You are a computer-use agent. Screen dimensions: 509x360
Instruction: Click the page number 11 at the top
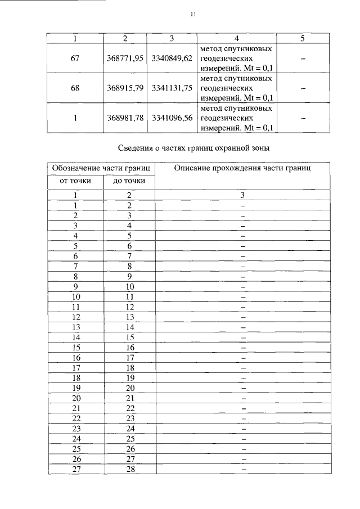(x=192, y=15)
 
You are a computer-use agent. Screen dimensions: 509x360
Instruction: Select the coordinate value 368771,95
(x=125, y=58)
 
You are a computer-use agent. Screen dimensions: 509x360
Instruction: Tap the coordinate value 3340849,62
(x=172, y=58)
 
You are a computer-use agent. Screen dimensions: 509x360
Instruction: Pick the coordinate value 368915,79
(x=125, y=88)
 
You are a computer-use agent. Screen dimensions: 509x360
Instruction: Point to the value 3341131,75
(x=172, y=88)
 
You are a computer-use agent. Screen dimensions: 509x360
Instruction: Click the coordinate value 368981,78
(x=125, y=119)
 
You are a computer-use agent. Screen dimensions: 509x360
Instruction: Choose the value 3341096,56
(x=172, y=119)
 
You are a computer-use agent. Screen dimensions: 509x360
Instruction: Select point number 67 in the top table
(x=75, y=58)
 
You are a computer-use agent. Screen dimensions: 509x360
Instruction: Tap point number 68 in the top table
(x=75, y=88)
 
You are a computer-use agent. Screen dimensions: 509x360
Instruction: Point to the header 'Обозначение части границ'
(x=101, y=168)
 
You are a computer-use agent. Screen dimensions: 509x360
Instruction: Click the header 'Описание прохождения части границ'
(x=242, y=168)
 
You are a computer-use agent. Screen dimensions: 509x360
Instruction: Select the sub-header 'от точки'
(x=75, y=181)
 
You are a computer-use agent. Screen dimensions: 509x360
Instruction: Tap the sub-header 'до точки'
(x=129, y=181)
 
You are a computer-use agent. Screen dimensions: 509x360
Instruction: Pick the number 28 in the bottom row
(x=129, y=470)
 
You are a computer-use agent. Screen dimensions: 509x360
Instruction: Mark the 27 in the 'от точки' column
(x=75, y=470)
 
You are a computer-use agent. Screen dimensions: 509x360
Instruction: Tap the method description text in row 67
(x=236, y=58)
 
